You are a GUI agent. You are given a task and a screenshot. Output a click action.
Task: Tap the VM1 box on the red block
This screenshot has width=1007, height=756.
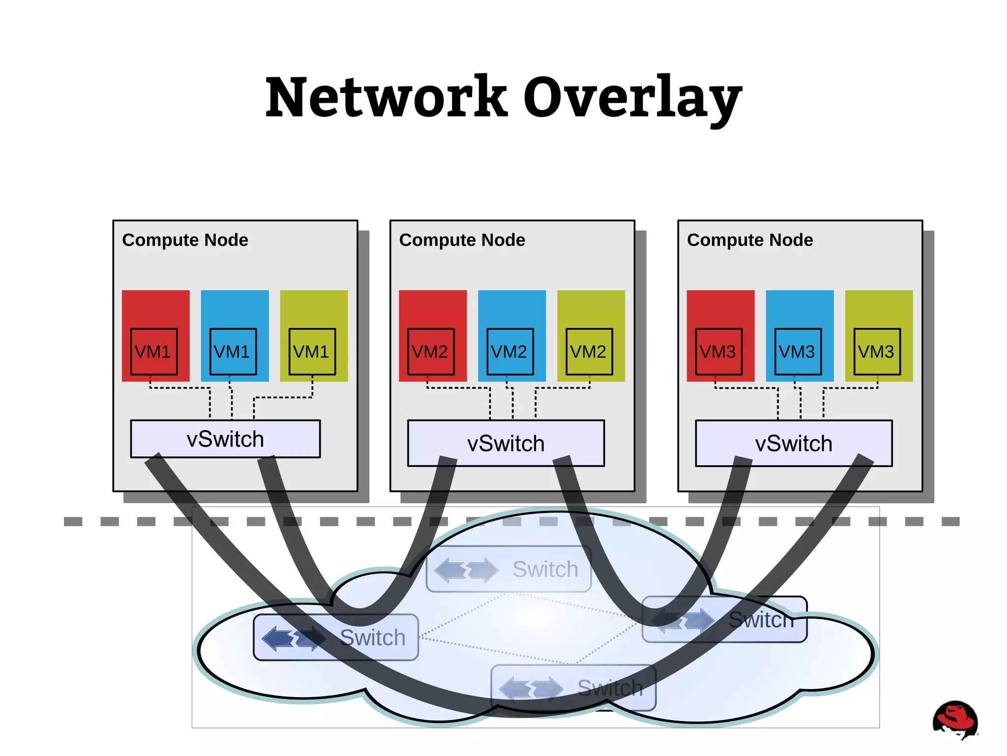(x=154, y=352)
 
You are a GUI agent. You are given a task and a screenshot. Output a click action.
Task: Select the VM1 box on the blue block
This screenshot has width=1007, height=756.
(x=233, y=352)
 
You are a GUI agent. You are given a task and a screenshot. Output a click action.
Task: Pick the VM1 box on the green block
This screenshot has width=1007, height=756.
(x=312, y=352)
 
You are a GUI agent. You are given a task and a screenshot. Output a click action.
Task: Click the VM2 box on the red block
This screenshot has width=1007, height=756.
(x=431, y=352)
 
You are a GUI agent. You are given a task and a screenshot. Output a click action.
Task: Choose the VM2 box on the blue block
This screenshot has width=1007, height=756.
(x=510, y=352)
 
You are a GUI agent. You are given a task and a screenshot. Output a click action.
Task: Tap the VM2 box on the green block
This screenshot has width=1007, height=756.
(x=589, y=352)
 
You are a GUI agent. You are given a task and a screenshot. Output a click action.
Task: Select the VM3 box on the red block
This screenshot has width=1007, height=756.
(x=719, y=352)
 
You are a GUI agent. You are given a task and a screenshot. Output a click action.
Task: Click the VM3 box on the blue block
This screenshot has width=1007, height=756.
(x=798, y=352)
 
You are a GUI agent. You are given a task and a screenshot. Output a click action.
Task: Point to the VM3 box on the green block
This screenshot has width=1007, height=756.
(x=877, y=352)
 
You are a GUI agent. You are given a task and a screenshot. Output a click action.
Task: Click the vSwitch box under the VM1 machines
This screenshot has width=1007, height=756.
(x=225, y=439)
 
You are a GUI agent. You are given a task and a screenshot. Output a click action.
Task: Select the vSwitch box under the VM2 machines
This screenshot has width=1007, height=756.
(x=506, y=443)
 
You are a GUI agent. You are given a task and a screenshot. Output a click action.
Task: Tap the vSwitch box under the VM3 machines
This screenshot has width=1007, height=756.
(x=794, y=443)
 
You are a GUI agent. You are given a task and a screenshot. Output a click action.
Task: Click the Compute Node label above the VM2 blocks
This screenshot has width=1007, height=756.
(x=462, y=240)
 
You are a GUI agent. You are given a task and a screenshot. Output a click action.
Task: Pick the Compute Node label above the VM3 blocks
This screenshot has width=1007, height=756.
(x=750, y=240)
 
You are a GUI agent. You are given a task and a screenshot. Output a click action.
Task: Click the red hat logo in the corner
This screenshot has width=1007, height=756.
(x=955, y=719)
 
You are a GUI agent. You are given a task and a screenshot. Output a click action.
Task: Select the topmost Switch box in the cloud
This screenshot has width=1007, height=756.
(x=509, y=569)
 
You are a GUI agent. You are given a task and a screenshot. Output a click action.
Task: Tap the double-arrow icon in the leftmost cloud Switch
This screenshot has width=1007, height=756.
(x=294, y=638)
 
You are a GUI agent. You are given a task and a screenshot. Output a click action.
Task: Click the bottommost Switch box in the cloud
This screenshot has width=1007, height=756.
(x=573, y=688)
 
